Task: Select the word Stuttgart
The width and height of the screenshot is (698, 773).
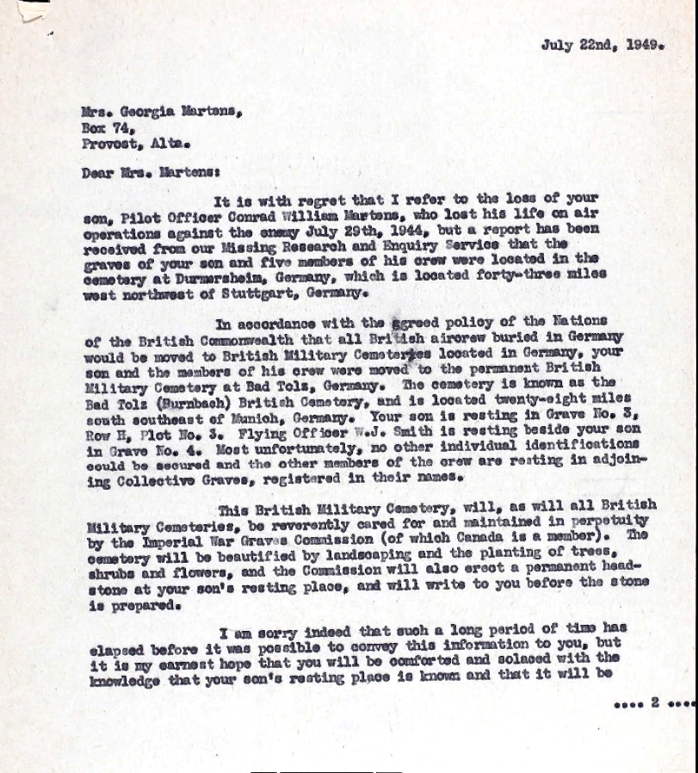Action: (x=264, y=294)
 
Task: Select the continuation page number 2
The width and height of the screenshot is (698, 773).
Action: (x=655, y=702)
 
